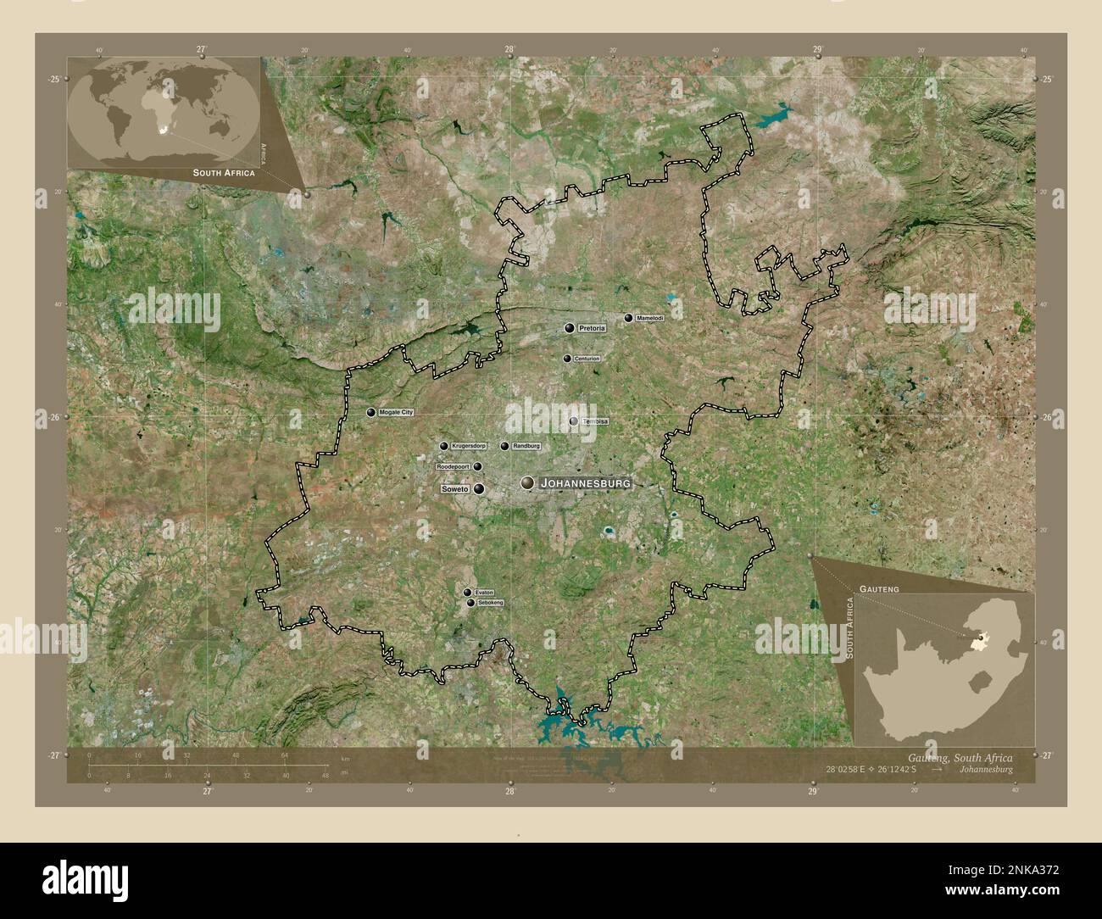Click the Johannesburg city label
(x=585, y=483)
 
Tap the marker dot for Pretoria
(x=570, y=327)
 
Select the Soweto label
(x=455, y=489)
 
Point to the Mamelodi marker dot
(x=628, y=318)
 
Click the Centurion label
(x=587, y=359)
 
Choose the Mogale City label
(x=396, y=412)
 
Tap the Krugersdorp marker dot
(x=443, y=446)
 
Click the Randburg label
(x=526, y=446)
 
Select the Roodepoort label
(x=454, y=466)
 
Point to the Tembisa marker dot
(x=574, y=421)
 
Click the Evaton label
(x=484, y=592)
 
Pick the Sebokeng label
(x=491, y=603)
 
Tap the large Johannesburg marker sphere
(x=528, y=483)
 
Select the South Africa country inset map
(x=944, y=668)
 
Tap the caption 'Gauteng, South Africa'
(x=959, y=757)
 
